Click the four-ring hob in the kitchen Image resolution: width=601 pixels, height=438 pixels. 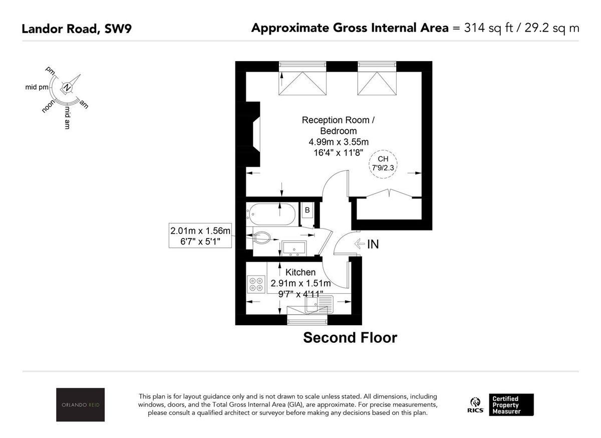[x=256, y=284]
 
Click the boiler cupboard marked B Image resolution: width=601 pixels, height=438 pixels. [x=307, y=210]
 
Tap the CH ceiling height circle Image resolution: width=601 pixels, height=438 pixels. [x=383, y=164]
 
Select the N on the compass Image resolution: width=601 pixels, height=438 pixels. [x=67, y=88]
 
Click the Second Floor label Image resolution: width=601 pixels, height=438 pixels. [x=350, y=338]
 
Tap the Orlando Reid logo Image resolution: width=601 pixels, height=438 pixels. [x=80, y=404]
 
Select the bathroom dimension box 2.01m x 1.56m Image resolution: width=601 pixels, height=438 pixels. [x=201, y=236]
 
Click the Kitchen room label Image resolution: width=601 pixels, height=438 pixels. [x=300, y=273]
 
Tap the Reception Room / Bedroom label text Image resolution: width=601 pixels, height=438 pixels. [x=338, y=125]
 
